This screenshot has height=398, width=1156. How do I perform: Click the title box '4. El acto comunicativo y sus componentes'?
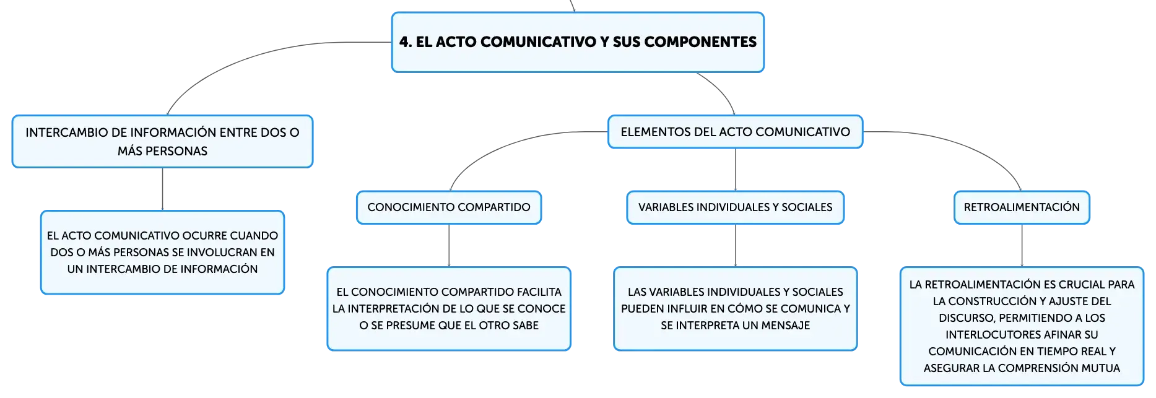coord(578,42)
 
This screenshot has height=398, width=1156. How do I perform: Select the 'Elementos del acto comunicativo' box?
coord(735,132)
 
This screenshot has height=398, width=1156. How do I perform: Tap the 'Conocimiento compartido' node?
coord(449,207)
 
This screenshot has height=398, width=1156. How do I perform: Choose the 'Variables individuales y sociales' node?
coord(735,207)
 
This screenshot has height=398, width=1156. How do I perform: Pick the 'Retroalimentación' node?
coord(1022,207)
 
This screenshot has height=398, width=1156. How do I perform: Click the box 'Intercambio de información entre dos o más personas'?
coord(162,142)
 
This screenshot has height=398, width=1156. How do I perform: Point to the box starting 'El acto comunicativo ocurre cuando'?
coord(162,253)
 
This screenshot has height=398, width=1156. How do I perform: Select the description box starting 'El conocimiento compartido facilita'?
coord(449,309)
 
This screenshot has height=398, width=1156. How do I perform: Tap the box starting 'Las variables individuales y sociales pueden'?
coord(735,309)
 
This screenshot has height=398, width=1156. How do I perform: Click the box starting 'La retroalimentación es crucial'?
coord(1022,326)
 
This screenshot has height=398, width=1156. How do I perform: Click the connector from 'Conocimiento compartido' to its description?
coord(449,245)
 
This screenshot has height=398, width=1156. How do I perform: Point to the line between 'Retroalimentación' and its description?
coord(1022,245)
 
